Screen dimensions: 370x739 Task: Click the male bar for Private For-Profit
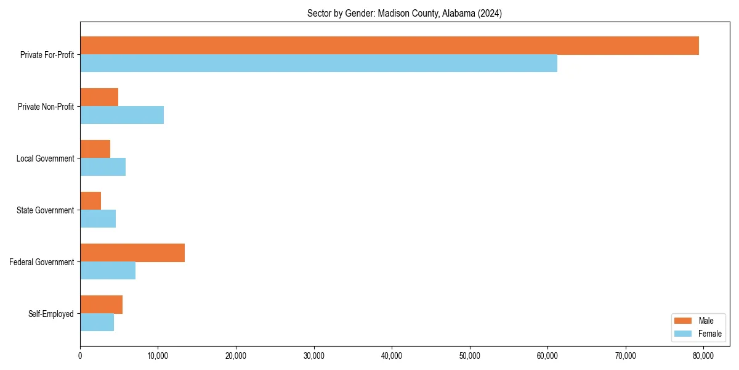pos(389,46)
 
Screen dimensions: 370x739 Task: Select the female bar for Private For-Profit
pos(318,64)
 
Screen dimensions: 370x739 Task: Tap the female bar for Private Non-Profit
pos(122,115)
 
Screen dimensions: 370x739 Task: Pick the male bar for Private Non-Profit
pos(99,97)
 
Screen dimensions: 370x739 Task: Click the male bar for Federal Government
pos(132,253)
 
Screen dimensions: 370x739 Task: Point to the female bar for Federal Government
pos(108,271)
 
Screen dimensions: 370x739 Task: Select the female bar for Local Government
pos(103,167)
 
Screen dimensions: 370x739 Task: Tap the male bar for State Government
pos(91,201)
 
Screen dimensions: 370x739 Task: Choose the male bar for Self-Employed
pos(102,305)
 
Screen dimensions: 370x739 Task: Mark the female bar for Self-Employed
pos(97,323)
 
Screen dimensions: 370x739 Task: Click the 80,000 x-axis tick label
pos(703,356)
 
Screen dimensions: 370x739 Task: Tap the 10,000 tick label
pos(158,356)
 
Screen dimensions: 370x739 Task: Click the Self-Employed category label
pos(51,314)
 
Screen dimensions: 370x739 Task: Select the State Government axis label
pos(46,210)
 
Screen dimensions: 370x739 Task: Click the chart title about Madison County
pos(405,14)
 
